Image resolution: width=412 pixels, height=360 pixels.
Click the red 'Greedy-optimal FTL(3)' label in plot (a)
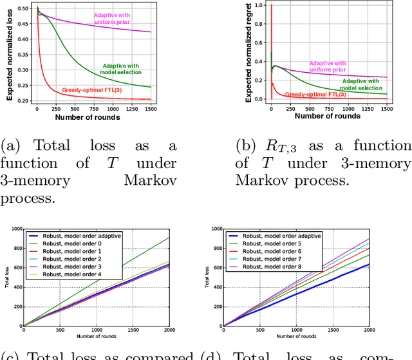click(93, 90)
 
